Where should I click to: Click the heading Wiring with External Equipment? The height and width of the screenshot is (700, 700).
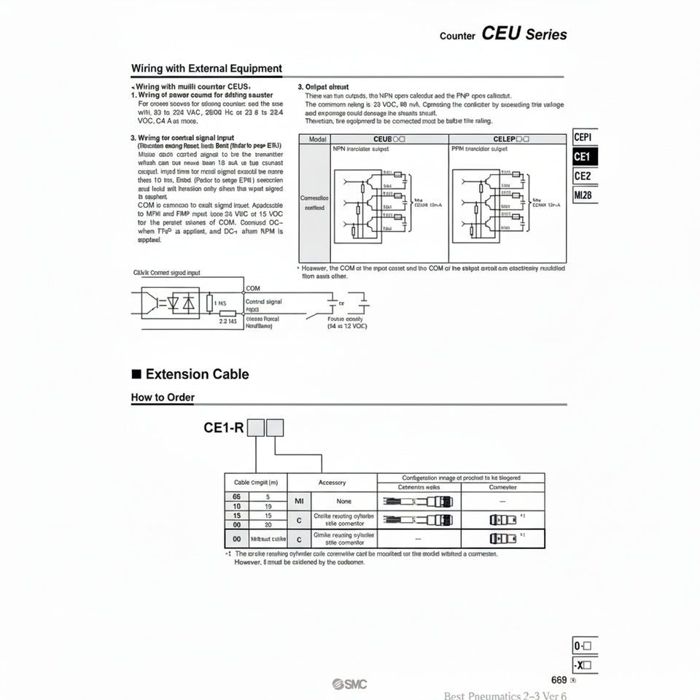point(206,69)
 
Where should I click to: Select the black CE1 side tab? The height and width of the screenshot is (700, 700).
point(584,156)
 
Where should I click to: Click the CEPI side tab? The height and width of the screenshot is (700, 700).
point(584,137)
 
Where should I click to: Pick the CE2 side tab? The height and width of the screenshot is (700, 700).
point(584,176)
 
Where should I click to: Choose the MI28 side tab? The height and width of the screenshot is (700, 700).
point(584,195)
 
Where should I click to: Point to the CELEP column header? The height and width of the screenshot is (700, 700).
point(506,139)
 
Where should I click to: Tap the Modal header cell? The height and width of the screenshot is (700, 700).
point(317,139)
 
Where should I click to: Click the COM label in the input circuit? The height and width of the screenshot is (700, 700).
point(254,289)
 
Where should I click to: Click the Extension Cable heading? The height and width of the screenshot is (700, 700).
point(197,374)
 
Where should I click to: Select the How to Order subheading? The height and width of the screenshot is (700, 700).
point(163,397)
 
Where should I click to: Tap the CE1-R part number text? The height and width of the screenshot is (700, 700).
point(223,428)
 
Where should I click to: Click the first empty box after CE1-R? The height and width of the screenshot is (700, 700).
point(255,428)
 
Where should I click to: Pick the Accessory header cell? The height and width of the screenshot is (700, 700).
point(332,482)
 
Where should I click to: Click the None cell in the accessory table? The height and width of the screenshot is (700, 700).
point(343,502)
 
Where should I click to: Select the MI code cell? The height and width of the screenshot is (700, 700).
point(297,502)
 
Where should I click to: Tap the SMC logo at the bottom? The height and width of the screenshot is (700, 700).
point(350,683)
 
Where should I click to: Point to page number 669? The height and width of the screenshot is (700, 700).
point(559,680)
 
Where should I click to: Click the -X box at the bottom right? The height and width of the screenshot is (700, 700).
point(585,664)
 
